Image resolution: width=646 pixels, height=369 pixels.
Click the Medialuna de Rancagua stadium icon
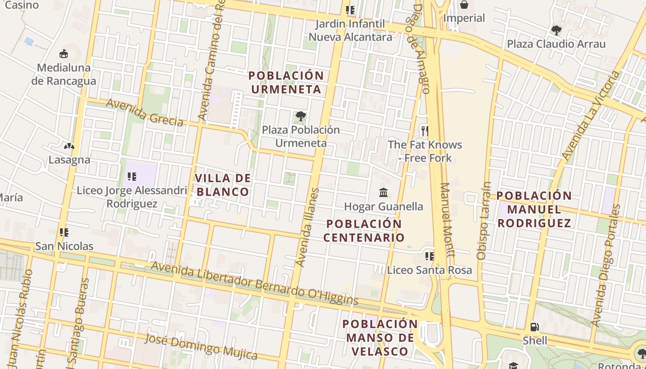point(64,54)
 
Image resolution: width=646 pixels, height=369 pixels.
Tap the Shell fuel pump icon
point(534,327)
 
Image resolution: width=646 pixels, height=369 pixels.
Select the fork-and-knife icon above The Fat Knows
point(425,131)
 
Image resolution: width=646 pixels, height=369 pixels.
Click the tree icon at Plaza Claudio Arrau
point(556,30)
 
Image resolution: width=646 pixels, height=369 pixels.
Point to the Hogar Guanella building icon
point(383,192)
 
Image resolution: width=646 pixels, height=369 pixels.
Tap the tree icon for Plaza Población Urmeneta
point(301,116)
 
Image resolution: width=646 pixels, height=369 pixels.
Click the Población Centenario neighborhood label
point(364,231)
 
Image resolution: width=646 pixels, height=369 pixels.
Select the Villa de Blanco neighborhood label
point(223,185)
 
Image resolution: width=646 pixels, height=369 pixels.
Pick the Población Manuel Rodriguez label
point(534,209)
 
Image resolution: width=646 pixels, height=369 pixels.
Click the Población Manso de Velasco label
point(380,338)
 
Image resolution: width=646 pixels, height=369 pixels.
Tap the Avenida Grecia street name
point(144,112)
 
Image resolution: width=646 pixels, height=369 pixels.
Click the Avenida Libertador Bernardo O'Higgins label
point(254,283)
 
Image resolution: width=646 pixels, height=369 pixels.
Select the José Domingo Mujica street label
point(201,346)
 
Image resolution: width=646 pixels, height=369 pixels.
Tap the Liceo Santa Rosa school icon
point(430,256)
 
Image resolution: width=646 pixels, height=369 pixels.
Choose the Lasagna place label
point(69,160)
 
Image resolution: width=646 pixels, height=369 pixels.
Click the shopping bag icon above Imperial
point(464,5)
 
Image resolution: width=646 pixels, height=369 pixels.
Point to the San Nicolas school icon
point(64,232)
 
